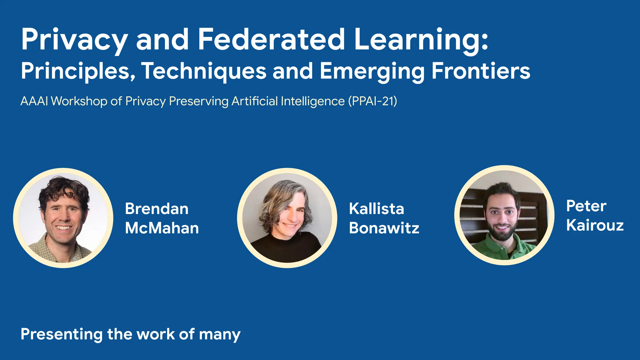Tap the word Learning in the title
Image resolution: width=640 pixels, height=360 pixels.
420,40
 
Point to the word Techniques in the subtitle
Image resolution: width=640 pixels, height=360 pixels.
204,71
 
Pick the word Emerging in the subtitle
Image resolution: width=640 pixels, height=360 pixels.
372,71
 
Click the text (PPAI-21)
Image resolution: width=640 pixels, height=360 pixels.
373,101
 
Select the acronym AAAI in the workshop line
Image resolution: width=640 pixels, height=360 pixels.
34,101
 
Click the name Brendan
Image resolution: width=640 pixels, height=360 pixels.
157,209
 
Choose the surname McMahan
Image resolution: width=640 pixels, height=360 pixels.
162,228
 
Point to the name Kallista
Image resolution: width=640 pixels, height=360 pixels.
377,209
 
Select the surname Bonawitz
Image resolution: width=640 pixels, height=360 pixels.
384,228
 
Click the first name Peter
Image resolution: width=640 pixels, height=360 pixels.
586,206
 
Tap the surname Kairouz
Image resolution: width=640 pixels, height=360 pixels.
595,225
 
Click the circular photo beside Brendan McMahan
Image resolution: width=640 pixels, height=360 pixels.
63,218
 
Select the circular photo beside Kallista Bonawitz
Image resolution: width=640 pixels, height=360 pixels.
287,218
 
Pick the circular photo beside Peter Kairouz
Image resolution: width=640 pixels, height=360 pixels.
504,215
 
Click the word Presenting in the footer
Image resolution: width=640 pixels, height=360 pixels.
61,334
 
